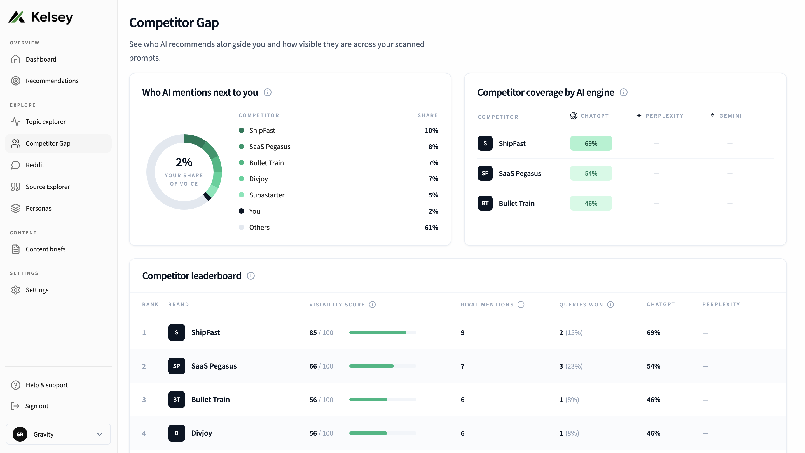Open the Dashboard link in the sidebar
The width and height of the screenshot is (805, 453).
coord(41,59)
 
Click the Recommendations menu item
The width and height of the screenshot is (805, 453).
coord(52,81)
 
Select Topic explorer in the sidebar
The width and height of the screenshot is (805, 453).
coord(46,121)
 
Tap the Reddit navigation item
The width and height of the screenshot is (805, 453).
coord(35,165)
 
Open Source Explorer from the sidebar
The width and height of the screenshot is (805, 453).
coord(48,187)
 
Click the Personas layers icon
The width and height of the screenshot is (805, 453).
coord(16,208)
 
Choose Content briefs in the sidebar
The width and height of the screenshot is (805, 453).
coord(45,249)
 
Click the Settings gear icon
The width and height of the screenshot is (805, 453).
coord(16,290)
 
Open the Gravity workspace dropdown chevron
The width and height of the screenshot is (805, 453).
coord(100,434)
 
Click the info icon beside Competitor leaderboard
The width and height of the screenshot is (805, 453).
coord(251,276)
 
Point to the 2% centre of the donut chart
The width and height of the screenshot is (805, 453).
coord(184,162)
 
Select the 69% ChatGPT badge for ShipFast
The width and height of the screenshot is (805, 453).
coord(591,143)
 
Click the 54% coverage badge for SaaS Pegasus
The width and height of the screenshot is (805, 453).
coord(591,173)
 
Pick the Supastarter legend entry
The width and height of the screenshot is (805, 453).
coord(266,195)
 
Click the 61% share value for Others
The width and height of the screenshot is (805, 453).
coord(431,227)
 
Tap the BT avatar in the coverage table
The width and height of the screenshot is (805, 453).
coord(485,203)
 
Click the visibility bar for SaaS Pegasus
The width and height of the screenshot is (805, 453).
coord(383,366)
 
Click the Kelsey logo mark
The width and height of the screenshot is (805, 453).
coord(17,17)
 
